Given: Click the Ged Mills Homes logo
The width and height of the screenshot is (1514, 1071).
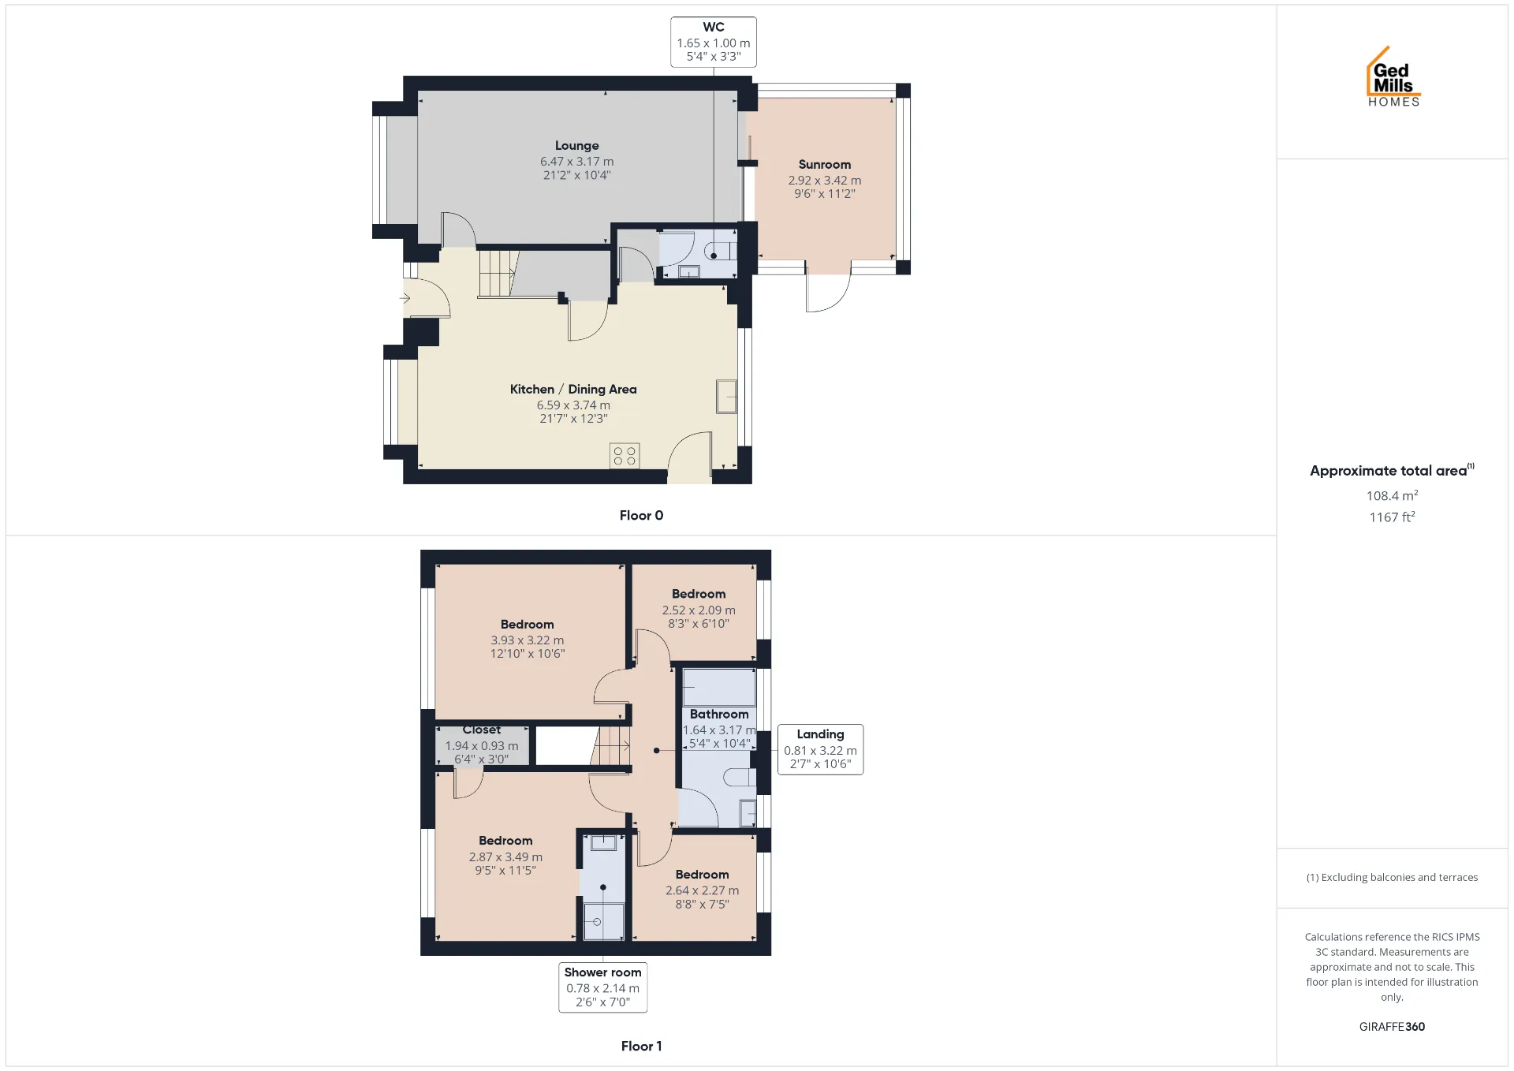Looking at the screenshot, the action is click(1393, 76).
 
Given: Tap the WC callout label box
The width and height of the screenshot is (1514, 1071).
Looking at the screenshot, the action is click(714, 42).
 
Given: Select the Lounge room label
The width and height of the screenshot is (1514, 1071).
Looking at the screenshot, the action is click(576, 146).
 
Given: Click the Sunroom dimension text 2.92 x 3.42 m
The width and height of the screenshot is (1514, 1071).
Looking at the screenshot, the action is click(825, 181).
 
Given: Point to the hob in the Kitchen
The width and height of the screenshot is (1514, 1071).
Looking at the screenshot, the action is click(625, 456).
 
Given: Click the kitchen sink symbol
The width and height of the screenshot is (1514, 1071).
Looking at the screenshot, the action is click(726, 397).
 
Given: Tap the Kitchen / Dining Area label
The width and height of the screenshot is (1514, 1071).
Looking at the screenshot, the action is click(573, 390).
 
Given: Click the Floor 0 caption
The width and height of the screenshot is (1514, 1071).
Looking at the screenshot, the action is click(641, 516).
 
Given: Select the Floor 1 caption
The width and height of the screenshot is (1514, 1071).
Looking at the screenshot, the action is click(641, 1047).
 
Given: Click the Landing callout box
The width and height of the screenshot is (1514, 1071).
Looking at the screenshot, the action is click(820, 749).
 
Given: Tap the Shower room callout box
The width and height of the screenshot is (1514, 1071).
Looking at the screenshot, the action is click(603, 987).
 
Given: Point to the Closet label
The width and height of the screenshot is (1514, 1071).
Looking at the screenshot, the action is click(482, 730).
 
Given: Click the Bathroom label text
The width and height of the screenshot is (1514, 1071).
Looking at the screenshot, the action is click(719, 715).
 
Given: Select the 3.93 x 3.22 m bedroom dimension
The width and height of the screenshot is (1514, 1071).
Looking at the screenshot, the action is click(528, 640).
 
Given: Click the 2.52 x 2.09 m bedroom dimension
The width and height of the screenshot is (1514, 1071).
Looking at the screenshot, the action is click(699, 610).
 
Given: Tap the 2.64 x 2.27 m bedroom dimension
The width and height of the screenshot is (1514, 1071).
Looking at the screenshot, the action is click(702, 890).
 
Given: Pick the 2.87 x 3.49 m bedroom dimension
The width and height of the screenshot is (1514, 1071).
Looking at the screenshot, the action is click(505, 857).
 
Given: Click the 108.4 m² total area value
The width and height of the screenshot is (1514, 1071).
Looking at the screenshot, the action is click(1392, 495).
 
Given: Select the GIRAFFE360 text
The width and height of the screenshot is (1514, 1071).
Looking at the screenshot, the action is click(1392, 1027).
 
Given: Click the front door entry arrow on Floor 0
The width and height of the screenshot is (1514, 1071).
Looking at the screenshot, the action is click(405, 298).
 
